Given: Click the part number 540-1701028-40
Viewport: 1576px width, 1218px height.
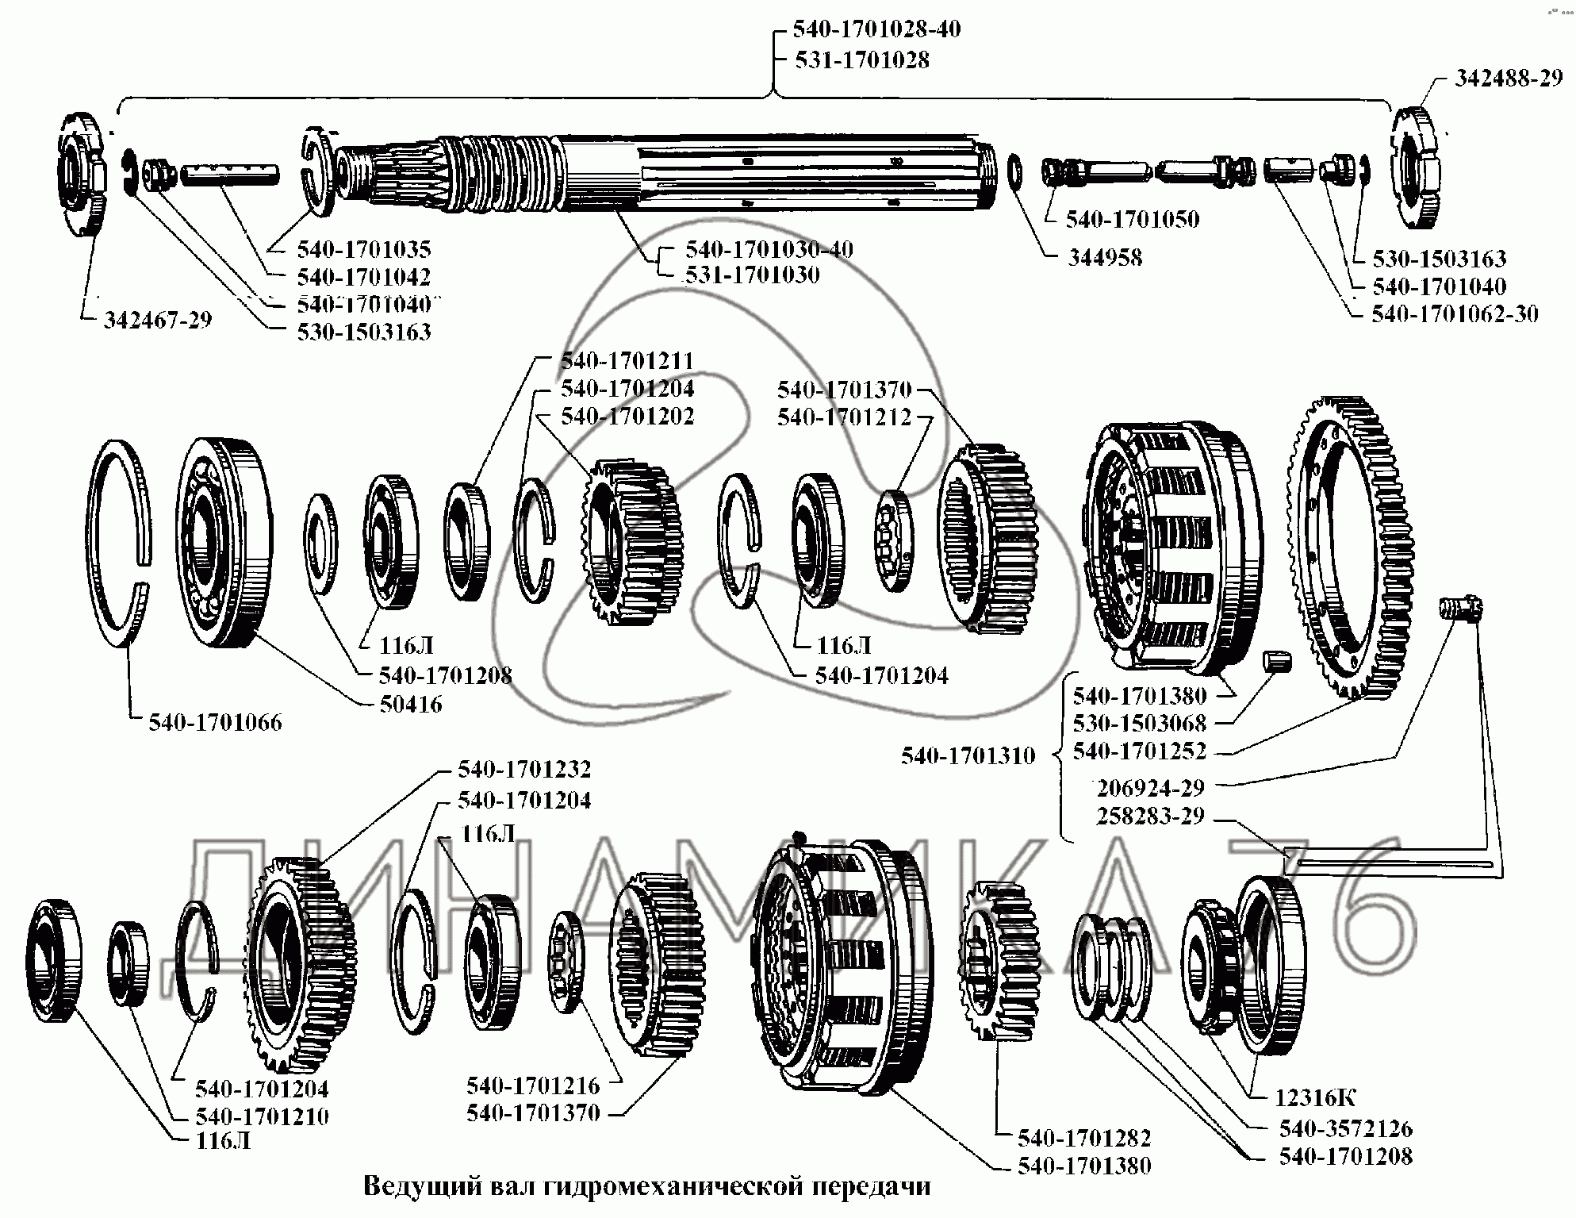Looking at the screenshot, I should tap(866, 30).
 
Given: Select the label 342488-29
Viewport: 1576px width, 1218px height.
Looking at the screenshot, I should tap(1508, 79).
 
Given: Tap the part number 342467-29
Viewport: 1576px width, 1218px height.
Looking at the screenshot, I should tap(158, 321).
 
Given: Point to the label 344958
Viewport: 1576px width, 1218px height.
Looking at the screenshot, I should tap(1105, 258).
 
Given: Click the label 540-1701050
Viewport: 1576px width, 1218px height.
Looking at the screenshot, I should tap(1132, 220).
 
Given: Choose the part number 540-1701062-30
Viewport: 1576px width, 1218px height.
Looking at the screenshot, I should tap(1455, 314).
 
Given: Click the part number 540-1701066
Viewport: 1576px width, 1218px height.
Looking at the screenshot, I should tap(215, 723).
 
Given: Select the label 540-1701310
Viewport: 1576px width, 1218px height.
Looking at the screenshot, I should tap(968, 756).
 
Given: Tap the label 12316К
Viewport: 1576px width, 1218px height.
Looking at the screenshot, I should tap(1315, 1097).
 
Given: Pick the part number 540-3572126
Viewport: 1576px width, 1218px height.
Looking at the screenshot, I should tap(1345, 1128).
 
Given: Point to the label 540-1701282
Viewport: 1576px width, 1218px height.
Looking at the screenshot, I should tap(1084, 1138).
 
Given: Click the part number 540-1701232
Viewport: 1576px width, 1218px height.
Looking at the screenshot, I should tap(524, 770).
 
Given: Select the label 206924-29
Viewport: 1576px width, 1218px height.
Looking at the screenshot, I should tap(1150, 789).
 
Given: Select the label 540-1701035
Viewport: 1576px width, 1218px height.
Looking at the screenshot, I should tap(364, 250).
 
